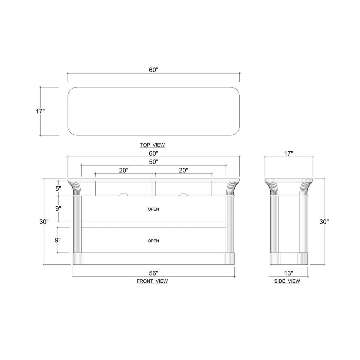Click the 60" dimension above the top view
point(153,70)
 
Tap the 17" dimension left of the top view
point(40,111)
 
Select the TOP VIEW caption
point(152,145)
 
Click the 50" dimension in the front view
point(153,162)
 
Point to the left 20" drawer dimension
point(124,170)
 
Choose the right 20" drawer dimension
point(183,170)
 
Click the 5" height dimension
point(58,188)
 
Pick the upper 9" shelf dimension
point(58,208)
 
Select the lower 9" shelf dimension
point(58,240)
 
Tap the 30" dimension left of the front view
point(44,222)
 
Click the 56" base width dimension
point(153,273)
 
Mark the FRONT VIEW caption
point(152,281)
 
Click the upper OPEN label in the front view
point(153,209)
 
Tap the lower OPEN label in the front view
point(153,241)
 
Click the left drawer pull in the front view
point(124,195)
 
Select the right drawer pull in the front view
point(183,195)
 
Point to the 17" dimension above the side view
point(288,154)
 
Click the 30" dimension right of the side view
point(324,222)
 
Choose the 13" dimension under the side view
point(289,273)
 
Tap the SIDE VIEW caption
point(287,281)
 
